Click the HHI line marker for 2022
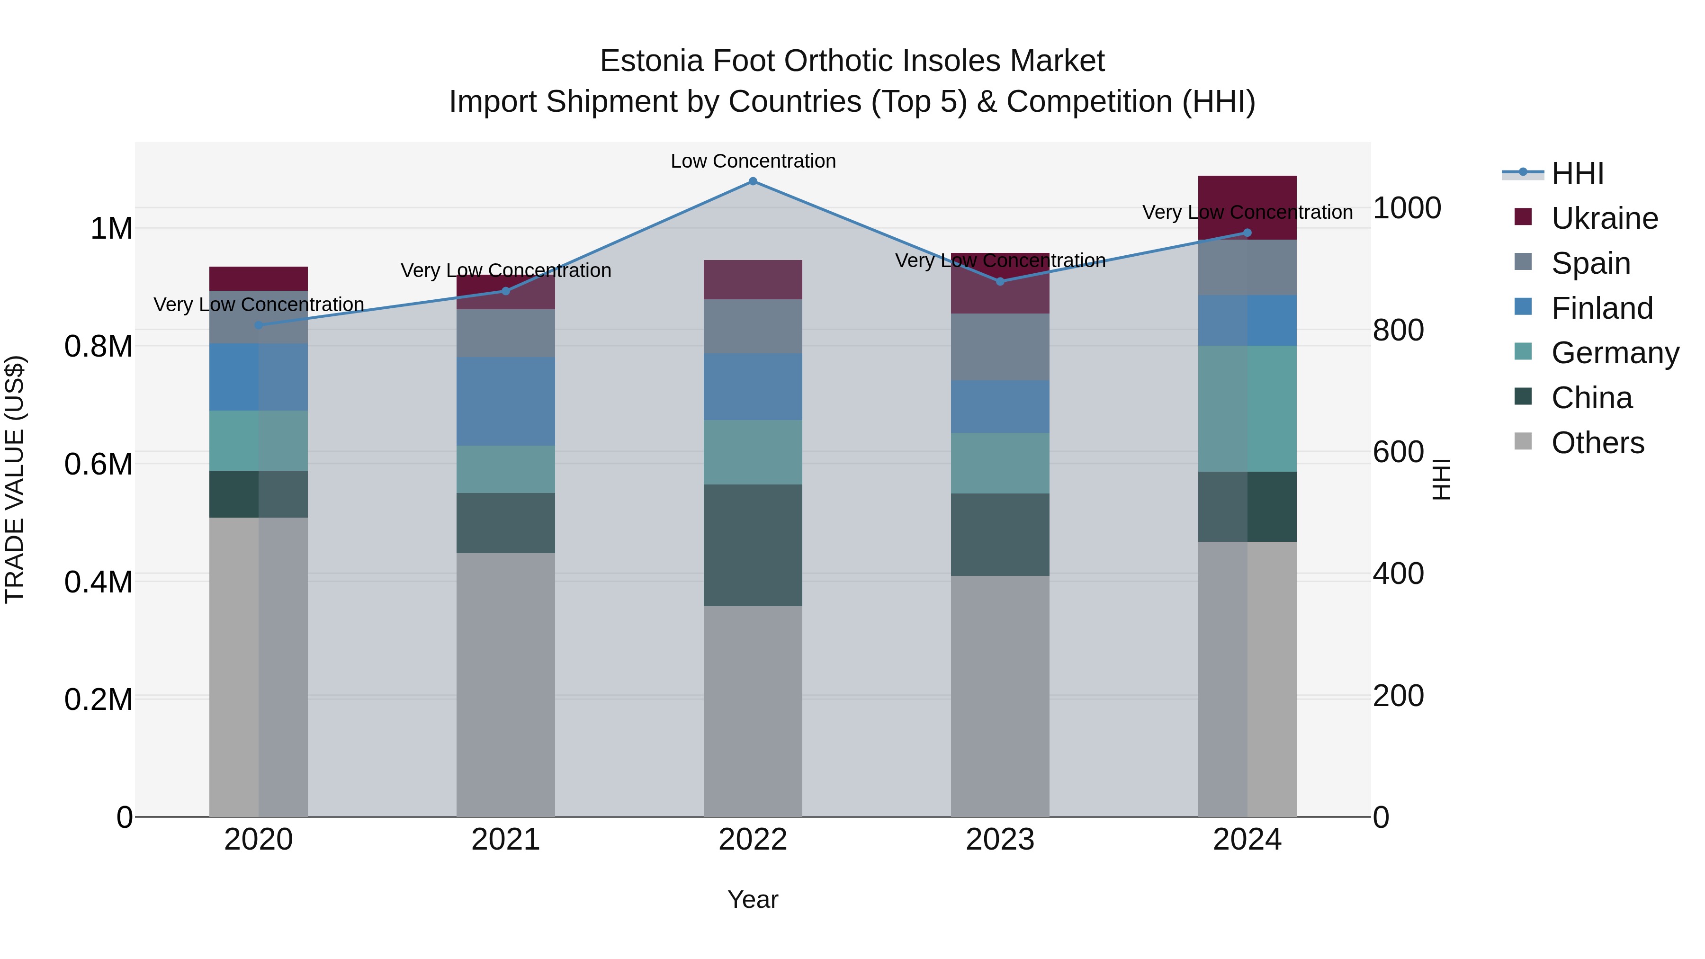point(753,181)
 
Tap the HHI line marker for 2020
point(259,325)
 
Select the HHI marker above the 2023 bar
point(1000,281)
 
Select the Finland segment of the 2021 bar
point(506,401)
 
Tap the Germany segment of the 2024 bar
point(1247,408)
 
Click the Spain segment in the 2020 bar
point(259,317)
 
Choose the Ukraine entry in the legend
point(1605,218)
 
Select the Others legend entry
point(1597,443)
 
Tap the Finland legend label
point(1602,308)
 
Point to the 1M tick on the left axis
point(111,229)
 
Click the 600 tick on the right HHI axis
point(1398,452)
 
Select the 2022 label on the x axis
point(753,840)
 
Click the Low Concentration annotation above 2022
point(753,161)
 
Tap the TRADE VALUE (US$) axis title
point(15,479)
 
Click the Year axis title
point(753,899)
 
